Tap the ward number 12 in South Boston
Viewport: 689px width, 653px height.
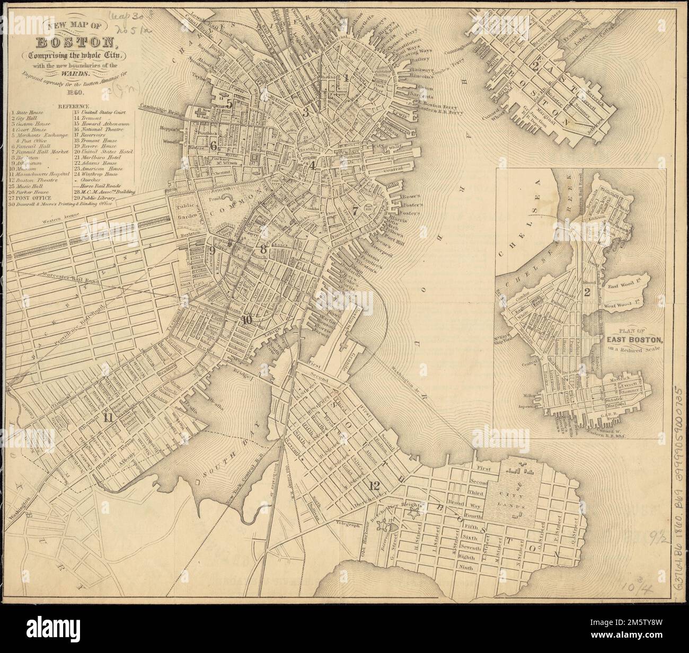375,485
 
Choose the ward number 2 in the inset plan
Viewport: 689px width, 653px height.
587,291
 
